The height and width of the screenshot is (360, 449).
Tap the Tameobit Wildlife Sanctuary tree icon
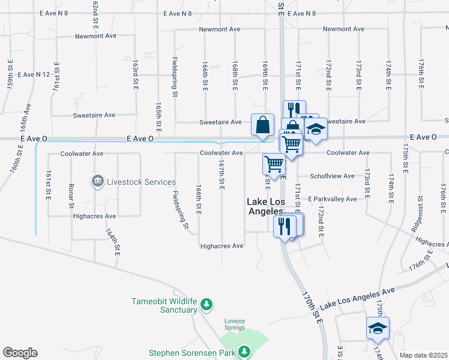coord(206,305)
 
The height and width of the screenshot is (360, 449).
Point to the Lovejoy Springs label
coord(235,324)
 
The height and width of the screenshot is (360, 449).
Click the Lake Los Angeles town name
coord(265,207)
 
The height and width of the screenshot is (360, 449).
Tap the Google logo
coord(20,353)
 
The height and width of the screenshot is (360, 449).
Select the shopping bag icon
coord(262,125)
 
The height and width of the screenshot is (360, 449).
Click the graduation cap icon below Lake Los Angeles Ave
coord(378,328)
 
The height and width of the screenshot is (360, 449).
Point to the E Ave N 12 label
coord(34,75)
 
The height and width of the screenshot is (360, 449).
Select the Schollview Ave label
coord(332,176)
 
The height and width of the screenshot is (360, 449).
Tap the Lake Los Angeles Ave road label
coord(357,298)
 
